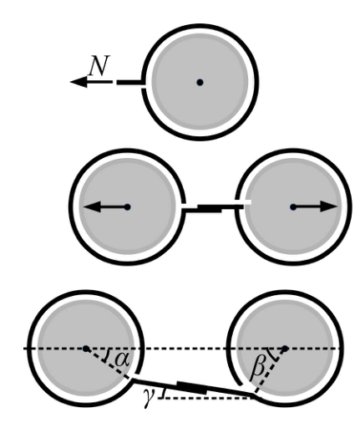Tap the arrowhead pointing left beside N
79,82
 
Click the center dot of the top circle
200,82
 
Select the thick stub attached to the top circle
130,82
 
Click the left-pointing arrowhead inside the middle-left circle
92,206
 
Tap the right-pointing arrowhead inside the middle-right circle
328,206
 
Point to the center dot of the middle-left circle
127,207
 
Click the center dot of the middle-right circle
293,207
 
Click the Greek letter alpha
123,359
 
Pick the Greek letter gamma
150,398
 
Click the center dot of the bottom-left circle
86,349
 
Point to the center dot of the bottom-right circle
285,349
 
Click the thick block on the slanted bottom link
192,388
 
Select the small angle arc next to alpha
107,356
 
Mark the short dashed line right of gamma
206,398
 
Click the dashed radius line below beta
270,372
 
